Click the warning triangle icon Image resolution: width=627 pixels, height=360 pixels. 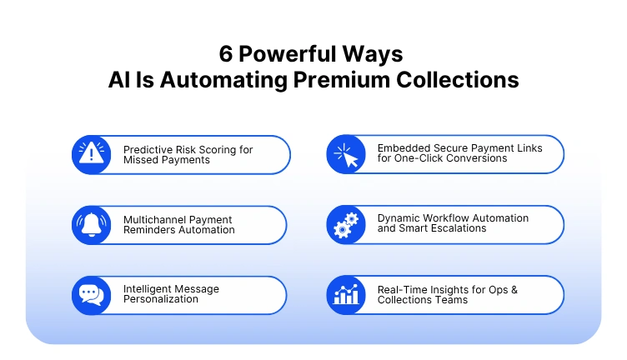tap(92, 154)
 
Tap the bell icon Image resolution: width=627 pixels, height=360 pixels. tap(92, 225)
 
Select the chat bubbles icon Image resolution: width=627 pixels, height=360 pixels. tap(92, 295)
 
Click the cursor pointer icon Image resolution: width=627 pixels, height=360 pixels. tap(345, 154)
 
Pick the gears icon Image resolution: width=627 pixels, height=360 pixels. tap(345, 225)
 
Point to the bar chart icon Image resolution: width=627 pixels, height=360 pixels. tap(345, 295)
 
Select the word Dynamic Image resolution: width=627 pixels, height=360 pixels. tap(399, 218)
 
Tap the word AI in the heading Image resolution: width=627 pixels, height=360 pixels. tap(118, 80)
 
